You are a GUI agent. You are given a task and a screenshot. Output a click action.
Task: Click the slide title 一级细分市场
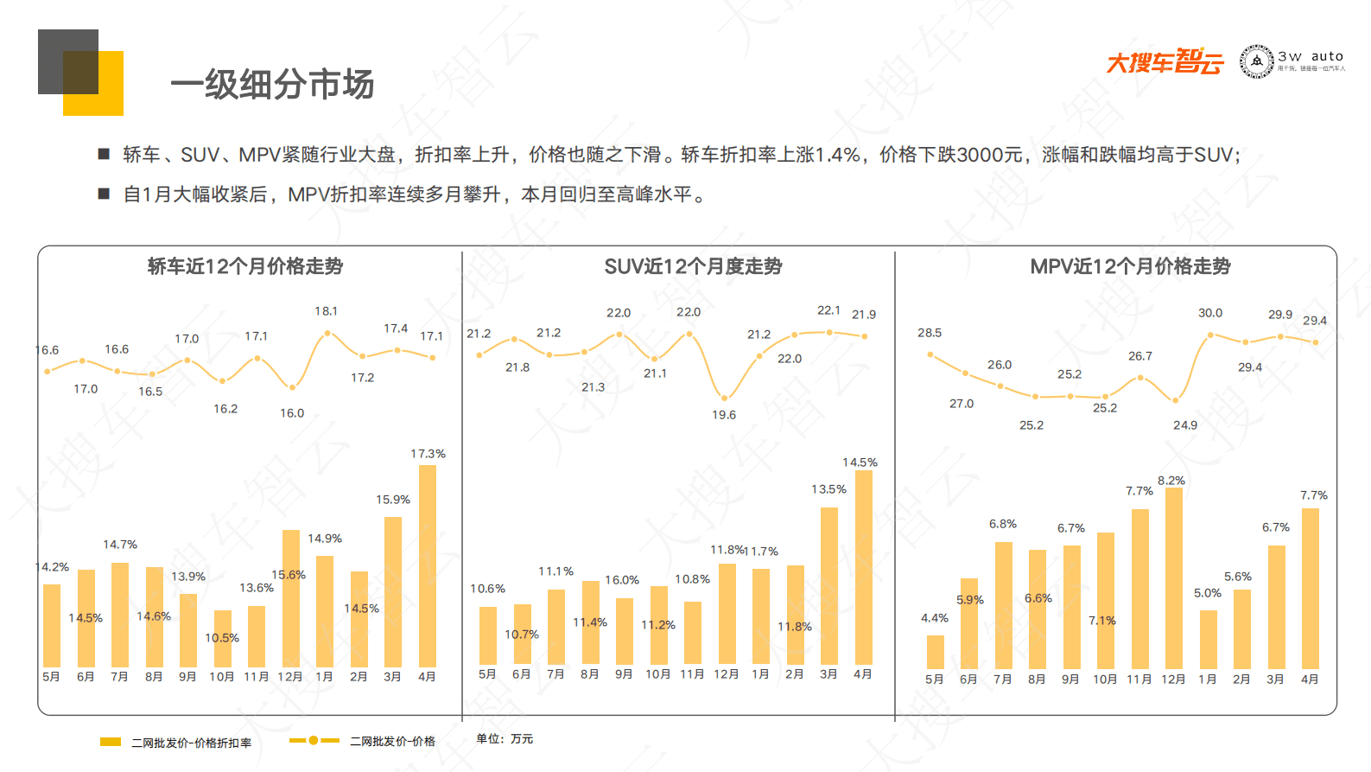(x=272, y=85)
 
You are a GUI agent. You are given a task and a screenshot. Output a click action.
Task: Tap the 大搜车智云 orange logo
(x=1165, y=61)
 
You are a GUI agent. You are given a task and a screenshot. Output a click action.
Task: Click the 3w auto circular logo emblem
(x=1256, y=61)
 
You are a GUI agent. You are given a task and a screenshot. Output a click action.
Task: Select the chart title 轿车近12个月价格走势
(x=245, y=266)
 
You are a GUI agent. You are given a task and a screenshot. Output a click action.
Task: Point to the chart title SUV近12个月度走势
(x=693, y=266)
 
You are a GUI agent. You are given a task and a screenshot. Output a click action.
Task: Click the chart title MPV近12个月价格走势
(x=1130, y=266)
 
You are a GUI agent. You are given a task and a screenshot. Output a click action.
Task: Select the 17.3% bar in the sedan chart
(x=427, y=565)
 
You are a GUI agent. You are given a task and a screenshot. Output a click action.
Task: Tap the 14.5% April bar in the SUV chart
(x=863, y=567)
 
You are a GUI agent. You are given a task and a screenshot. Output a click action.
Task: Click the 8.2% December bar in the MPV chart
(x=1173, y=577)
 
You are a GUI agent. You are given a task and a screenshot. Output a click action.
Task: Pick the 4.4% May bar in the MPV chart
(x=935, y=652)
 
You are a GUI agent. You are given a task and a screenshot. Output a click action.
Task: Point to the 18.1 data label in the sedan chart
(x=326, y=311)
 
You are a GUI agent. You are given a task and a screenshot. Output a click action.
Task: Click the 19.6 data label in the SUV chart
(x=724, y=415)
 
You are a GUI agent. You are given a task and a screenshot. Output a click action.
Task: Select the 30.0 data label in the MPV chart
(x=1209, y=313)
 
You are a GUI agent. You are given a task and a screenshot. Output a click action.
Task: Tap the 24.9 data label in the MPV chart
(x=1184, y=425)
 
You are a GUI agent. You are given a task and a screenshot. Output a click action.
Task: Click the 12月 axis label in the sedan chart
(x=290, y=677)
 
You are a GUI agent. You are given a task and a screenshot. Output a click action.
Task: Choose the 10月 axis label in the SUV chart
(x=657, y=674)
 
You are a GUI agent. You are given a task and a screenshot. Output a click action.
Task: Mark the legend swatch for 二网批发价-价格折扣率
(x=111, y=742)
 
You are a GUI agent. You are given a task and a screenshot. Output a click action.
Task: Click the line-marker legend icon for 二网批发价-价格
(x=314, y=741)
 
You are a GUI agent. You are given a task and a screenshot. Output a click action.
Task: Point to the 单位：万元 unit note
(x=505, y=739)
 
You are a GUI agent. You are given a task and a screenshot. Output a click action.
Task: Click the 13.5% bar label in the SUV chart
(x=828, y=489)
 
